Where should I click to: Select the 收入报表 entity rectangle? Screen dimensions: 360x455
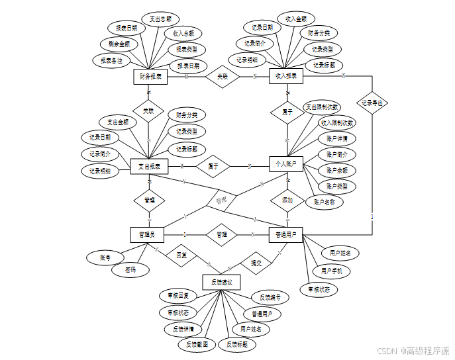point(286,77)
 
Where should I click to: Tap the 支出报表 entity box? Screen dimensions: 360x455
point(149,166)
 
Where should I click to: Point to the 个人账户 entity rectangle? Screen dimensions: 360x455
point(286,163)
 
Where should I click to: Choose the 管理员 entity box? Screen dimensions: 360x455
point(146,234)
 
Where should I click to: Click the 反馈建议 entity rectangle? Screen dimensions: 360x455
point(221,283)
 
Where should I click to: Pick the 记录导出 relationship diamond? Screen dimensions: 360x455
point(372,103)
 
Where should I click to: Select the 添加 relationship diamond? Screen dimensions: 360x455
point(287,200)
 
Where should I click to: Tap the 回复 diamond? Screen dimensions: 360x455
point(181,255)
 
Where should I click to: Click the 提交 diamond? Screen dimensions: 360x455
point(255,263)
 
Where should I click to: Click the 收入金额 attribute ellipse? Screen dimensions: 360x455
point(295,19)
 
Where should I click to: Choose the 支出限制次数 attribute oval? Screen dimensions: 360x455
point(322,107)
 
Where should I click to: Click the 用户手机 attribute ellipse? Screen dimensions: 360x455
point(332,271)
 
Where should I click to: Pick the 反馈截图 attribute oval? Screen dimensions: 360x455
point(197,344)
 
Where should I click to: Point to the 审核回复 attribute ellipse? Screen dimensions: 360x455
point(178,295)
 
